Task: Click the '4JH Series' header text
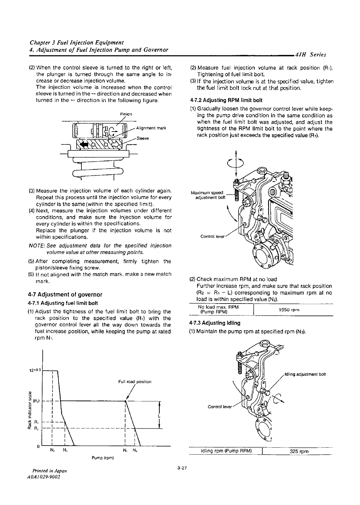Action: (x=311, y=55)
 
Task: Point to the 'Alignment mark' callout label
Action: (x=151, y=128)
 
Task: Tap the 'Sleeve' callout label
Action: (x=143, y=138)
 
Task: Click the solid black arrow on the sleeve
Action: (x=85, y=145)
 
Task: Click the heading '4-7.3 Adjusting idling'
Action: (x=215, y=323)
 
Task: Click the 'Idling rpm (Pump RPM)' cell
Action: (x=226, y=451)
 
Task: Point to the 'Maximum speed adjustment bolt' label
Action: (x=208, y=195)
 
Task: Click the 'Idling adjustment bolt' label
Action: (x=305, y=374)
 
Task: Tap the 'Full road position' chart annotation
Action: (x=135, y=382)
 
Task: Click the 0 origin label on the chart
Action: (x=38, y=446)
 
